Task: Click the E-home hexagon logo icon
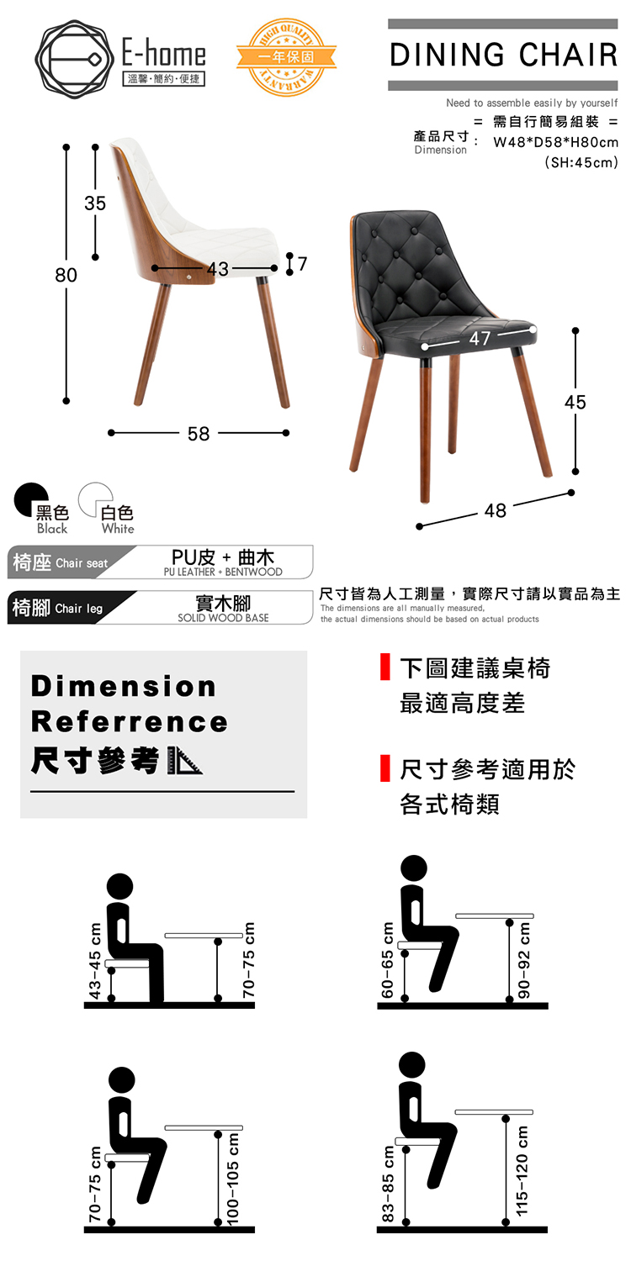74,58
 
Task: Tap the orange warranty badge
286,57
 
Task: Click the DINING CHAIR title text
503,55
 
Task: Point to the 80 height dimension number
66,275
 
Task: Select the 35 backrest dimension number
95,203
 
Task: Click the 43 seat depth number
217,269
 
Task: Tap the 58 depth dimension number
199,433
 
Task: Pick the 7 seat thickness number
302,263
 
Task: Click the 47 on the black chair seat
479,339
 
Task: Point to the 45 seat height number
575,402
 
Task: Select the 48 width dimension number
496,510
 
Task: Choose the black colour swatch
32,499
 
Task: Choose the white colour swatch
96,499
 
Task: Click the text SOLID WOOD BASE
223,618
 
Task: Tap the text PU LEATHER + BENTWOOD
223,572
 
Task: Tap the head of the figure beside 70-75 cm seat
122,1079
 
